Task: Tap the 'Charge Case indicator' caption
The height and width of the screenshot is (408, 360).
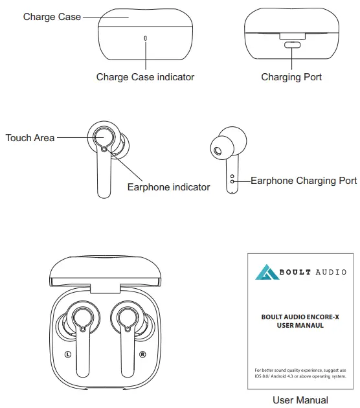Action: coord(145,77)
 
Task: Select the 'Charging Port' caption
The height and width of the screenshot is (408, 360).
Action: coord(291,77)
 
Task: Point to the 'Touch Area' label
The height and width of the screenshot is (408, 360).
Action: coord(30,138)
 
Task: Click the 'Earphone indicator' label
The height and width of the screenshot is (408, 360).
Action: coord(168,187)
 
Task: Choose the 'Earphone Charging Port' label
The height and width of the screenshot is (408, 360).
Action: coord(303,181)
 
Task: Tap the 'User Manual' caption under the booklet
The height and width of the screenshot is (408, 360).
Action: coord(300,400)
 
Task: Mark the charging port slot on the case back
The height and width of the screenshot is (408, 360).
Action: coord(292,45)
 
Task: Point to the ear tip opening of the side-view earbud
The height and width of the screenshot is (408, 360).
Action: coord(217,152)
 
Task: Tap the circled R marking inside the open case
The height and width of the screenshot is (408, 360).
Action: coord(142,354)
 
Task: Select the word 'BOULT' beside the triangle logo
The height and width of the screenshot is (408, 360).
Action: coord(295,272)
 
